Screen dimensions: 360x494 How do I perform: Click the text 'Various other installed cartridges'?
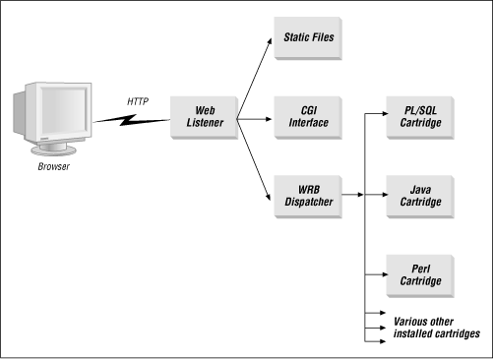coord(435,328)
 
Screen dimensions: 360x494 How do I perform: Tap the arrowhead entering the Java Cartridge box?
coord(381,194)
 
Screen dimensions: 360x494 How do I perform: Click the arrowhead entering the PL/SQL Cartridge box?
coord(381,115)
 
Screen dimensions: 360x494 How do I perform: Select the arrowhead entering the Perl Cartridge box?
coord(381,272)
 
